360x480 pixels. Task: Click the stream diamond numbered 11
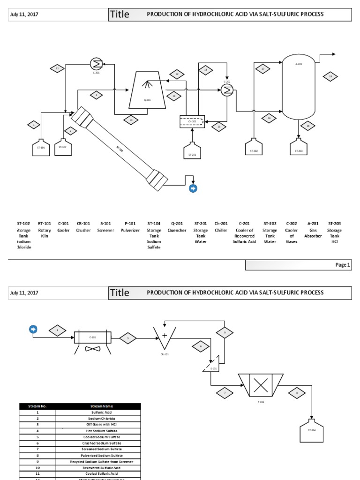click(57, 68)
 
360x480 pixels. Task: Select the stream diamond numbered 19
click(330, 76)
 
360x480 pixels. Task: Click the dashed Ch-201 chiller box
click(192, 121)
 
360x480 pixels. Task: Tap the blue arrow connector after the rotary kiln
click(193, 188)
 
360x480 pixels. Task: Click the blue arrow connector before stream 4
click(33, 330)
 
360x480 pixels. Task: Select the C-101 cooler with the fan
click(92, 338)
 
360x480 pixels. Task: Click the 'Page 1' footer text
click(342, 265)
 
